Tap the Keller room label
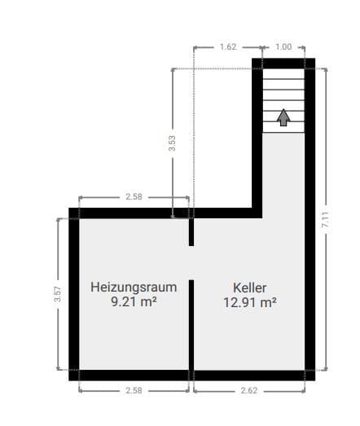[249, 287]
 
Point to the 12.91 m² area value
[249, 301]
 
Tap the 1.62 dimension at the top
[227, 46]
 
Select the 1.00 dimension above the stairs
[283, 46]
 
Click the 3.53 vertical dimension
[171, 144]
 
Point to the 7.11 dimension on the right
[325, 220]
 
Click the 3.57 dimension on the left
[58, 294]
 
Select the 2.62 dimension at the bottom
[250, 391]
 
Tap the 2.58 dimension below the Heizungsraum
[134, 391]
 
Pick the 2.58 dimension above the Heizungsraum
[134, 197]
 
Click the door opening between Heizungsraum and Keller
[191, 262]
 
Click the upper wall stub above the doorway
[191, 231]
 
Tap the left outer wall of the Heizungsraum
[73, 294]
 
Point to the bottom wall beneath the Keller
[250, 375]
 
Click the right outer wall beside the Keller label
[310, 294]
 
